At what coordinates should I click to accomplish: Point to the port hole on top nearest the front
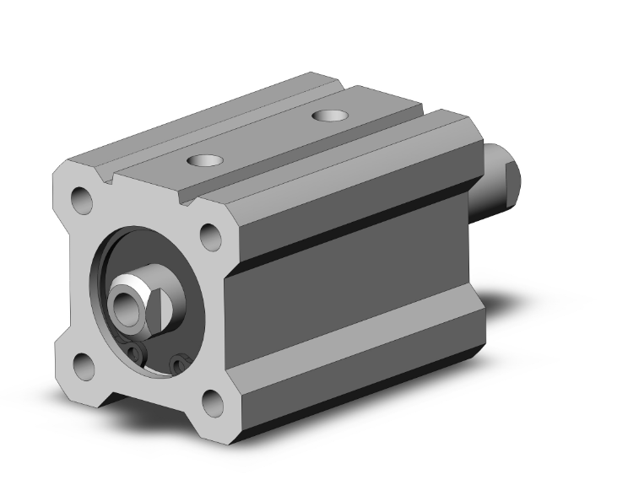(201, 159)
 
